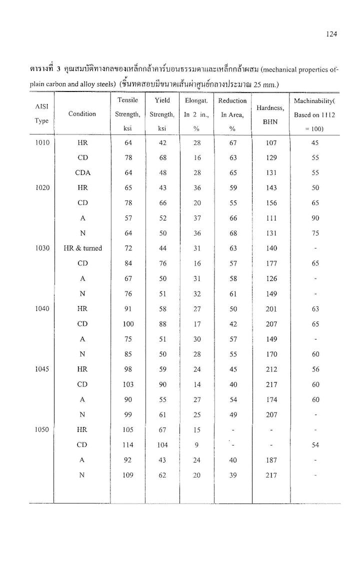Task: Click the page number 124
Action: (x=331, y=34)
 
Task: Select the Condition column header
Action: (x=82, y=114)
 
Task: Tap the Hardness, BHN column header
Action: (x=271, y=114)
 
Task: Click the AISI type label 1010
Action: (x=42, y=142)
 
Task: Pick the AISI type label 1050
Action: (x=42, y=429)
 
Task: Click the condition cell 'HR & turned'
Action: (x=82, y=248)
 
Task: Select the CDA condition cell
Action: (x=82, y=173)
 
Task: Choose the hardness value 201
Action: (x=271, y=309)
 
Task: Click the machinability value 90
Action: (x=315, y=218)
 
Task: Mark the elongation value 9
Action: (x=197, y=445)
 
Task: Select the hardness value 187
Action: (x=271, y=460)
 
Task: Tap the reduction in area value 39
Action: (x=232, y=475)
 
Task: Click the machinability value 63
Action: (x=315, y=309)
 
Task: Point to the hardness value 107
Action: (x=271, y=142)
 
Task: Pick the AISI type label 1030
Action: (x=42, y=248)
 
